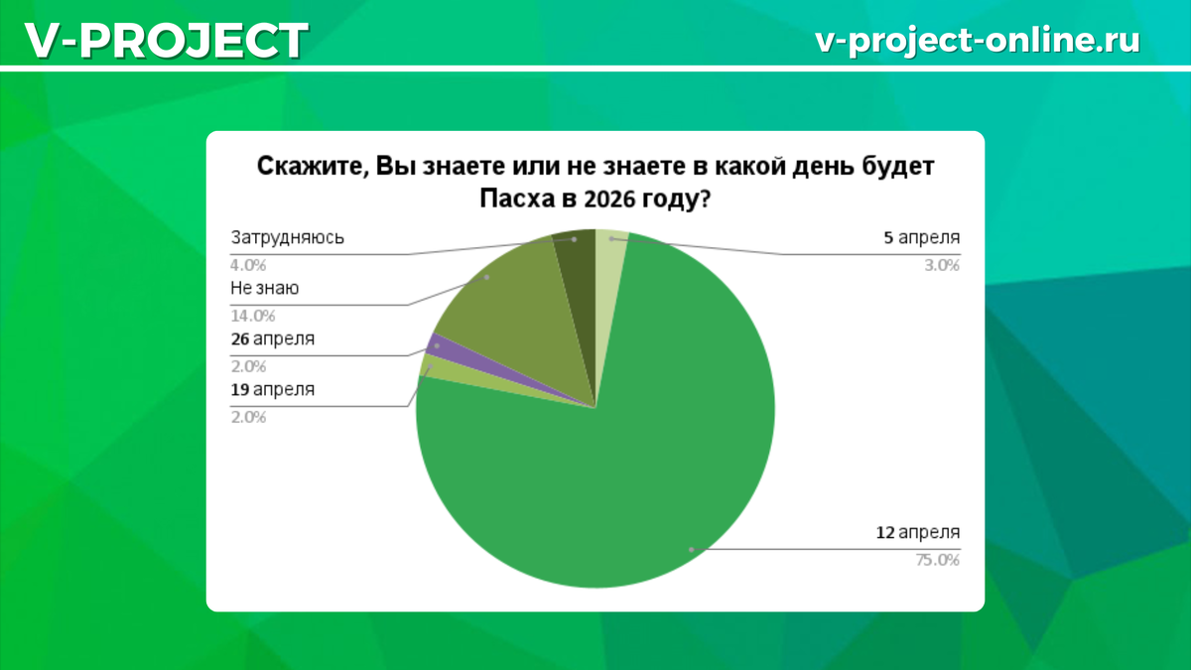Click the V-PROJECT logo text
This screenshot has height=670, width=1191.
(x=166, y=41)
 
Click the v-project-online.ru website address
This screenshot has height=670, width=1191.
(x=977, y=40)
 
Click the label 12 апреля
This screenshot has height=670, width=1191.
(x=917, y=532)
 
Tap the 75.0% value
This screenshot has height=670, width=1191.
(x=938, y=560)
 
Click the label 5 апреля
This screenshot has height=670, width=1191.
(x=922, y=237)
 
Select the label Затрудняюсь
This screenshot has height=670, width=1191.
(x=287, y=237)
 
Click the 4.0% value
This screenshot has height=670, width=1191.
(x=248, y=265)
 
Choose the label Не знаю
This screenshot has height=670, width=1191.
(x=265, y=288)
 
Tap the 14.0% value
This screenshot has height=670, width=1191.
(x=252, y=316)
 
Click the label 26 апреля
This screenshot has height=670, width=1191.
(x=273, y=338)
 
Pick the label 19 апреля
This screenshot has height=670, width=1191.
(x=273, y=389)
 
